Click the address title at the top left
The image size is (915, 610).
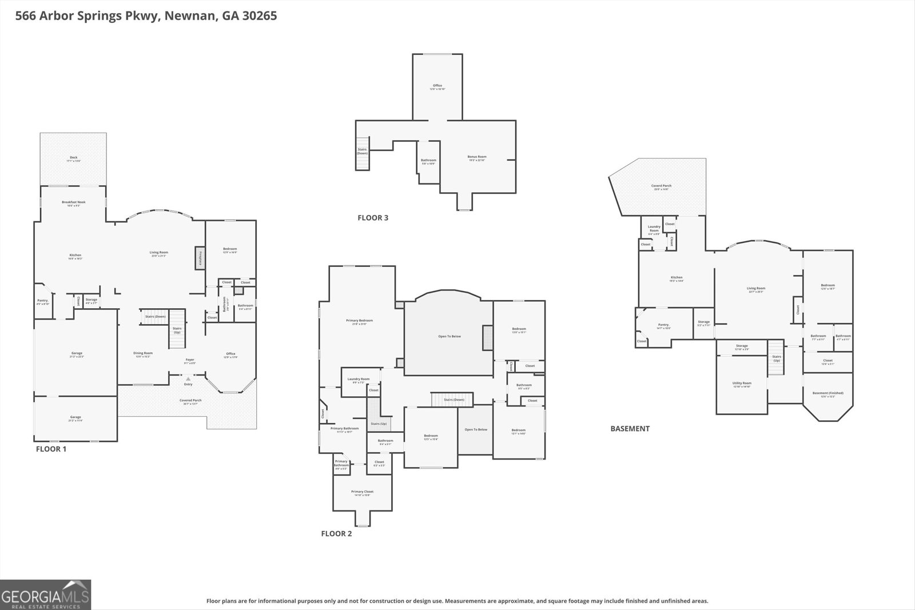click(146, 16)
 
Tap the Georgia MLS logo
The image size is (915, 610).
click(46, 595)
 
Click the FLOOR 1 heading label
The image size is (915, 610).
click(51, 449)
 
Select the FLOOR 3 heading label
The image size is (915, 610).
click(373, 217)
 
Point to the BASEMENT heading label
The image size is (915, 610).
click(630, 428)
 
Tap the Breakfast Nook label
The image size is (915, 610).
click(73, 203)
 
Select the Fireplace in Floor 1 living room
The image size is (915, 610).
click(200, 258)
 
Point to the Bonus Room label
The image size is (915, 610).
click(476, 158)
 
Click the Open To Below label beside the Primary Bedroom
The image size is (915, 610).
click(449, 336)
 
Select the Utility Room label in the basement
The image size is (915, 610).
click(742, 384)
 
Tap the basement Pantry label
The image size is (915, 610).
click(663, 326)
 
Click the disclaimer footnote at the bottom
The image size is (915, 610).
click(457, 601)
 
